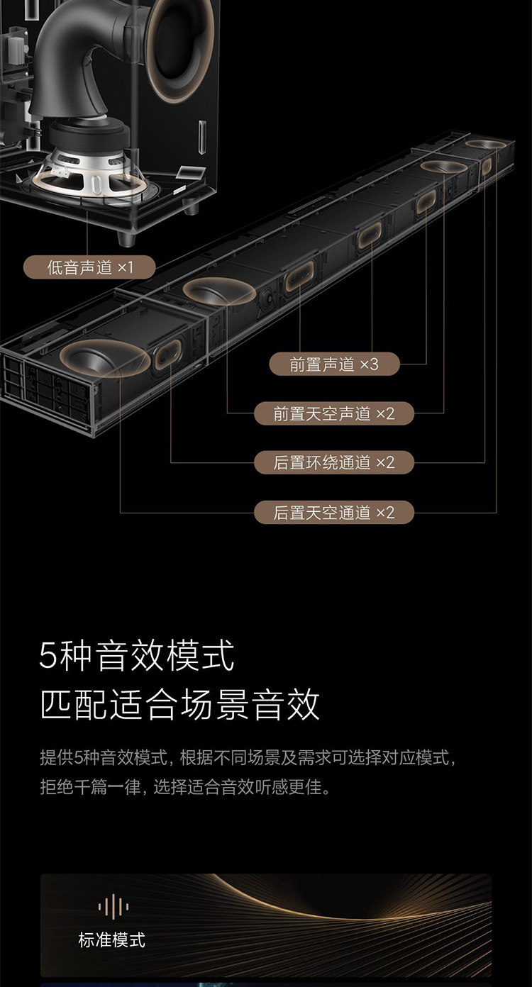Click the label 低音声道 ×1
[x=90, y=267]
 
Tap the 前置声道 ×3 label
[x=334, y=364]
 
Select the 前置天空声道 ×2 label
[x=334, y=413]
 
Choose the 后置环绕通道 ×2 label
[x=334, y=462]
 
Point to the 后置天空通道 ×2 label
[x=334, y=512]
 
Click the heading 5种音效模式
[x=137, y=656]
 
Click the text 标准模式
[x=111, y=940]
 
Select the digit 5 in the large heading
[x=48, y=657]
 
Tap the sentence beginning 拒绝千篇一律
[x=185, y=787]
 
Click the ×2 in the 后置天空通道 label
[x=384, y=512]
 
